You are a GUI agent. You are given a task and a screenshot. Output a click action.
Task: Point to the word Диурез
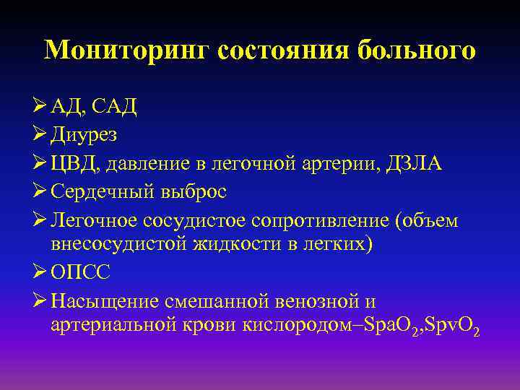coord(84,135)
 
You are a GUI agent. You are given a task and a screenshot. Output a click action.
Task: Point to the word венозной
coord(322,300)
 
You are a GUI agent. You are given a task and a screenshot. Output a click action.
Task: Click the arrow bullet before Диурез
coord(40,135)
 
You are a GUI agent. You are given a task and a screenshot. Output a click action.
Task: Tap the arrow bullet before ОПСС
coord(40,272)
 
